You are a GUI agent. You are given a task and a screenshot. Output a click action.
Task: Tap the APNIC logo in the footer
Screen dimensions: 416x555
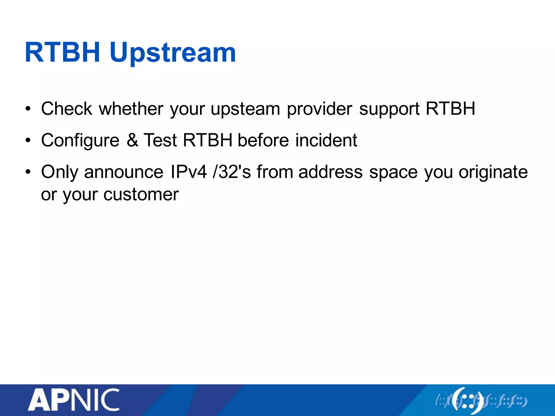click(74, 400)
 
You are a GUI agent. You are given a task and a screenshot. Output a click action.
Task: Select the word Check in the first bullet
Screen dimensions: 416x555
click(67, 109)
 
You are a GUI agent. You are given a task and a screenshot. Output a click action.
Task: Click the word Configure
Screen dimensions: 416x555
click(80, 141)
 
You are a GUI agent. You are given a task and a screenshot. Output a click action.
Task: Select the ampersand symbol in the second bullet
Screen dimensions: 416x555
click(132, 140)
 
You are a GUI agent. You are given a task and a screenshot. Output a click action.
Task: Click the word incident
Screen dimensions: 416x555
click(326, 140)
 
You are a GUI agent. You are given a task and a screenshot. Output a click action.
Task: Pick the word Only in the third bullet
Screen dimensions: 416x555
click(60, 172)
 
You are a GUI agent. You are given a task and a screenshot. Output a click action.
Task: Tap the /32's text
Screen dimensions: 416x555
click(232, 172)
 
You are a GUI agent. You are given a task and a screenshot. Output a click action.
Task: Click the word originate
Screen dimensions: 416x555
click(493, 172)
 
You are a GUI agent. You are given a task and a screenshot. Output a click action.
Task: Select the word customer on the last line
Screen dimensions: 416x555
click(141, 194)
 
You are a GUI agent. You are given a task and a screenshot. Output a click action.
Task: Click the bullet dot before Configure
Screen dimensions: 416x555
click(28, 141)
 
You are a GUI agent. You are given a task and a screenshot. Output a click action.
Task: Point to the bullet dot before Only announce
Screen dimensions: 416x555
click(28, 172)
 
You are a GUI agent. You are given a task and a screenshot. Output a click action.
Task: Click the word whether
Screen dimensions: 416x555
click(131, 109)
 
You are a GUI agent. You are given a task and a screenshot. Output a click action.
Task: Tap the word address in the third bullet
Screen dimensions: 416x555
click(330, 172)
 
